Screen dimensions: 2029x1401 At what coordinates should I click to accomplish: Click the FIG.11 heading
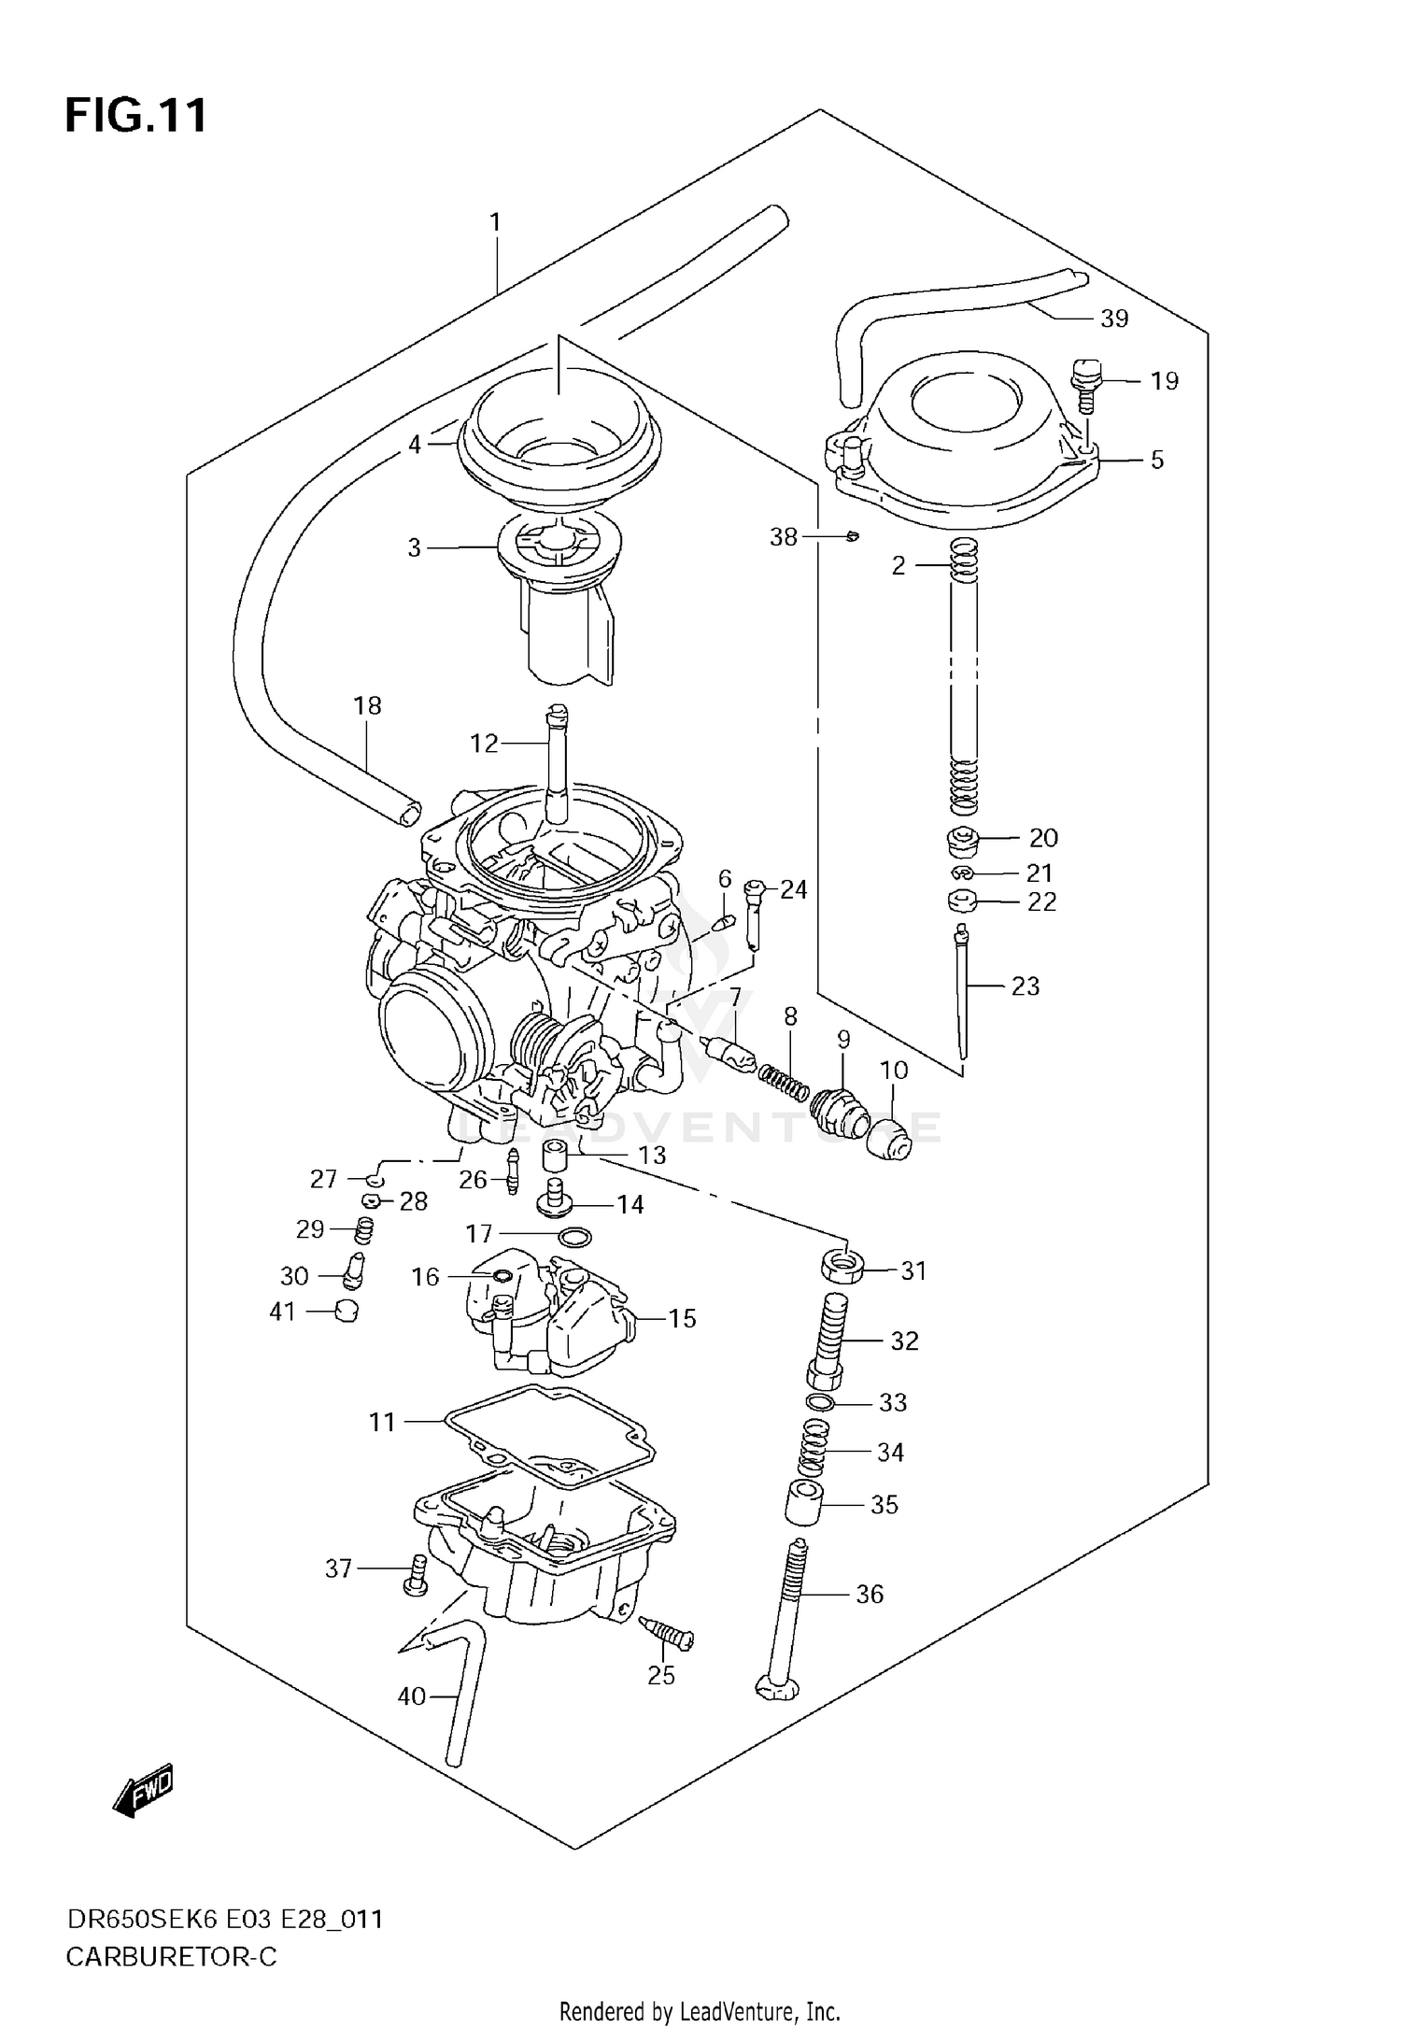click(135, 117)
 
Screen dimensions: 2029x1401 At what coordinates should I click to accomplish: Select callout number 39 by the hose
click(1114, 319)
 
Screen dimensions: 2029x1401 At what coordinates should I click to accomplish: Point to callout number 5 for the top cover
click(1157, 460)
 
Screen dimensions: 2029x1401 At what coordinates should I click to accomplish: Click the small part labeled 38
click(852, 536)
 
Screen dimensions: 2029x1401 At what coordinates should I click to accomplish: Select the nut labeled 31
click(842, 1270)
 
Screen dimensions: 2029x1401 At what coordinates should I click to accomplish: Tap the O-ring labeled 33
click(819, 1402)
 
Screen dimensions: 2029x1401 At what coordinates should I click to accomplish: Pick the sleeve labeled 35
click(803, 1505)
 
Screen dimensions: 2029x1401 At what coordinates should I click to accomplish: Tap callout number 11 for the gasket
click(382, 1422)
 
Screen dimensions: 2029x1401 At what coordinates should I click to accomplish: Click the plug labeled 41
click(346, 1312)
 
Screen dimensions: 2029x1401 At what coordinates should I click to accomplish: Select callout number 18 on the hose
click(367, 705)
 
